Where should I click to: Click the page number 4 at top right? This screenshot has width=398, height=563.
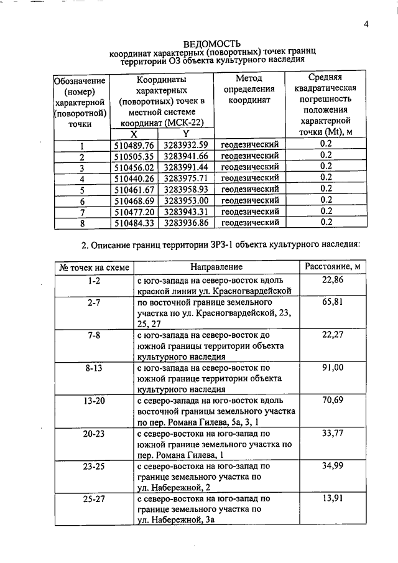367,24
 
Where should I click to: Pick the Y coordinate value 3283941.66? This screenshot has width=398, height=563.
186,156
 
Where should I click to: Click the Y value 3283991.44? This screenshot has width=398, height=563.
186,167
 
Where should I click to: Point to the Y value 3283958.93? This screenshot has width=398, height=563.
186,189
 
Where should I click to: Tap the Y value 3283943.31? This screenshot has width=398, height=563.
186,211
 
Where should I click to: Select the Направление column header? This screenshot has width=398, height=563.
216,268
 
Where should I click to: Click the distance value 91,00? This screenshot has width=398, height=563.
333,368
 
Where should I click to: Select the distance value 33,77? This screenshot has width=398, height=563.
333,434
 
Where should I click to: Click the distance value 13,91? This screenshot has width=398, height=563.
333,498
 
